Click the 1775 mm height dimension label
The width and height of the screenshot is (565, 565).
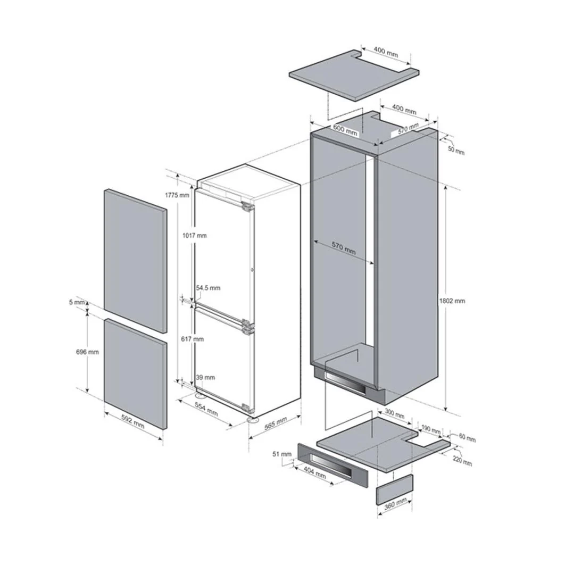tap(177, 195)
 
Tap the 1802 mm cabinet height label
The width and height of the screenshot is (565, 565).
tap(452, 301)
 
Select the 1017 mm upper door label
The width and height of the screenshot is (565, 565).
tap(195, 236)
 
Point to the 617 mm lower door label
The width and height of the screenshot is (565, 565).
tap(193, 339)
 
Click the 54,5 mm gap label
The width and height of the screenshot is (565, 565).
tap(208, 288)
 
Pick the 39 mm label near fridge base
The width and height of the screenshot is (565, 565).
tap(205, 378)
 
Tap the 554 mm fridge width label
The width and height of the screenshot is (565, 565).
tap(206, 409)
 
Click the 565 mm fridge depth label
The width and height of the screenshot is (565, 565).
tap(276, 423)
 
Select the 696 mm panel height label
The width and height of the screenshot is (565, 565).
tap(87, 352)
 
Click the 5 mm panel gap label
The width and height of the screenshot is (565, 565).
tap(77, 302)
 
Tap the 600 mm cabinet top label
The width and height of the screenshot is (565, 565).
tap(345, 129)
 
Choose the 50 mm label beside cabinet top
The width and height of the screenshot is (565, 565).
tap(456, 150)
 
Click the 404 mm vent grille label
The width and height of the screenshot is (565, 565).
tap(315, 472)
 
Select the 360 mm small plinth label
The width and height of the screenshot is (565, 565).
tap(395, 504)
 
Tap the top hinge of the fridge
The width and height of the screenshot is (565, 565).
tap(248, 207)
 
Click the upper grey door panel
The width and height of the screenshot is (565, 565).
tap(136, 260)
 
